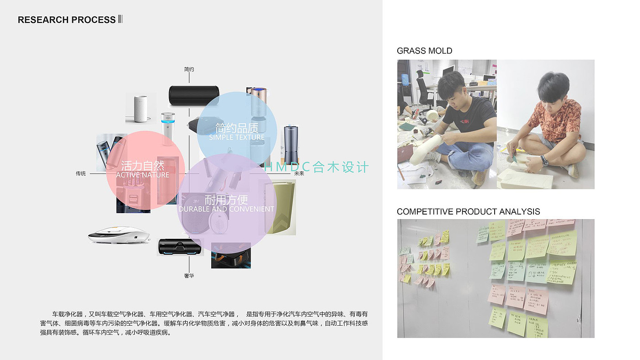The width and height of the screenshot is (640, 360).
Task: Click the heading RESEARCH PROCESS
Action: coord(67,20)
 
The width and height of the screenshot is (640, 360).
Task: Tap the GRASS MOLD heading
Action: coord(424,51)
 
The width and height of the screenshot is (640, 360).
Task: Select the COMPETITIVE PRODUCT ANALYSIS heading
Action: coord(468,212)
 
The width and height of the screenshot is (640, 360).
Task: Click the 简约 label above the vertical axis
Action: coord(189,70)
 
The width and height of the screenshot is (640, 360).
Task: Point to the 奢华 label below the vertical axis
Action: coord(189,276)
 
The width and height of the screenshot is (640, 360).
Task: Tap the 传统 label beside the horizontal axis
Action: coord(81,174)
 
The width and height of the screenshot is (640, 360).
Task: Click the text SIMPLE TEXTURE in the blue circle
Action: coord(237,137)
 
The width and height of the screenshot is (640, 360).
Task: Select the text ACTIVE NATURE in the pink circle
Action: coord(142,175)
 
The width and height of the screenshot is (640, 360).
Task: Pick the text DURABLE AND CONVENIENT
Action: coord(226,209)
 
